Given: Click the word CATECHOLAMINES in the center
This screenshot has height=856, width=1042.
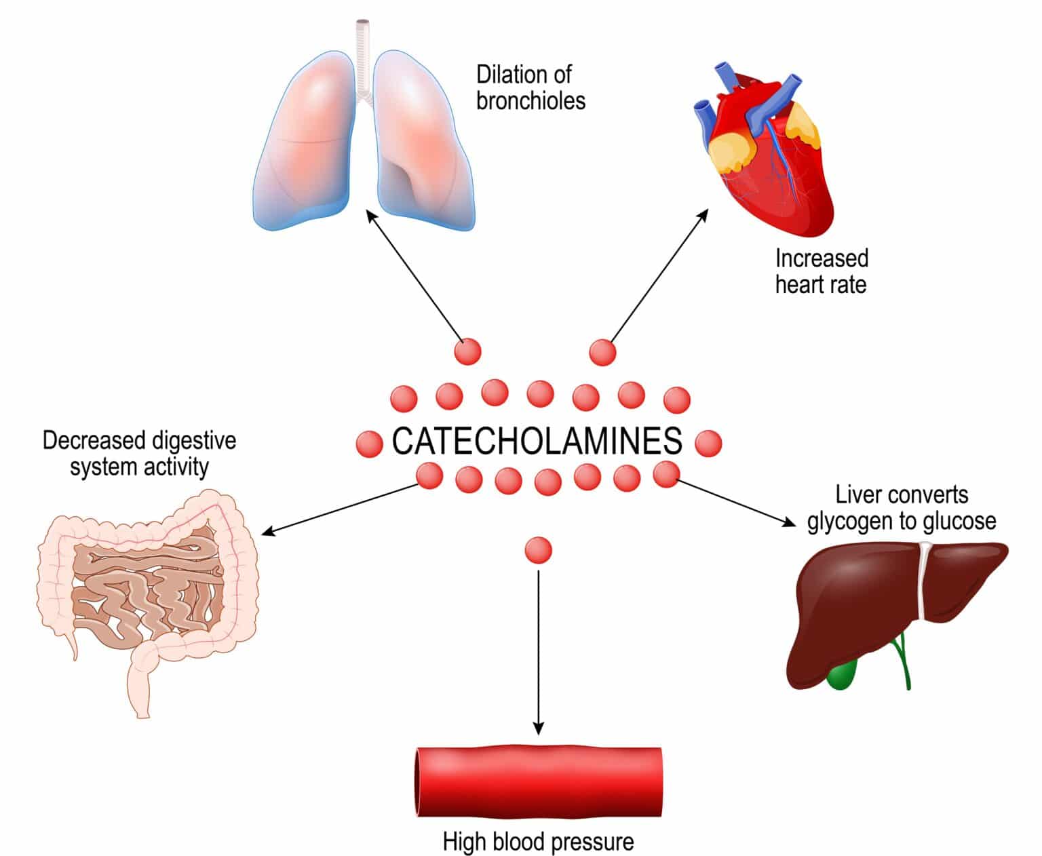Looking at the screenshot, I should tap(537, 442).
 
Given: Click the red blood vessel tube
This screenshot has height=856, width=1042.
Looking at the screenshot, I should tap(537, 782).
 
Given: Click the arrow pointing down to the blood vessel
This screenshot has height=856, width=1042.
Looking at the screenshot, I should tap(538, 651).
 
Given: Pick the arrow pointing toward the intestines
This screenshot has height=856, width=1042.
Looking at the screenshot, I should tap(339, 509).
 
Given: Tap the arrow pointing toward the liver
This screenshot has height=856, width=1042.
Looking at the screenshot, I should tap(736, 503).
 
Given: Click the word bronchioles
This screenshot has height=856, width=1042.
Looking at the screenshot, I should tap(530, 101).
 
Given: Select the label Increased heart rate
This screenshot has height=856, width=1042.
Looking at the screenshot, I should tap(821, 271).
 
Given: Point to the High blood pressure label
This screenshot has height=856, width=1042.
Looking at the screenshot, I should tap(538, 842).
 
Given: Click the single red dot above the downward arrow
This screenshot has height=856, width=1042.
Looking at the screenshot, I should tap(539, 550).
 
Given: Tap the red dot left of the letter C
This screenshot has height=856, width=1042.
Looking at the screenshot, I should tap(370, 444).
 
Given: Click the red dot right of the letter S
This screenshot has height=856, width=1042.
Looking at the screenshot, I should tap(708, 444).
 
